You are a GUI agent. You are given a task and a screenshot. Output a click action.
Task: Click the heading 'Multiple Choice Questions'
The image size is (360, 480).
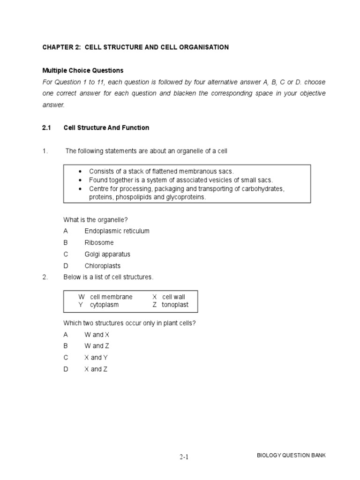pos(83,70)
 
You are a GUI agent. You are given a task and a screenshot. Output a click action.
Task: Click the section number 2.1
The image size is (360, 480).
pos(46,127)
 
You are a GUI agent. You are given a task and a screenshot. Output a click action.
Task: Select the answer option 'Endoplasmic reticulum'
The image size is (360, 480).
pos(117,231)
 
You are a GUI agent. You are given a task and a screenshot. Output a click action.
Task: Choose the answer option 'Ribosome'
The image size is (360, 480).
pos(99,243)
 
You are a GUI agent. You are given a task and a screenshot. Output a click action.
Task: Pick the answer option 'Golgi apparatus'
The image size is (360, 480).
pos(107,254)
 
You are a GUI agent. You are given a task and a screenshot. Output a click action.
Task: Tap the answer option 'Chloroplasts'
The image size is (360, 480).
pos(103,266)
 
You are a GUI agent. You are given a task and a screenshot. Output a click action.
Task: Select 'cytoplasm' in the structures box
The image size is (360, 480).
pos(104,305)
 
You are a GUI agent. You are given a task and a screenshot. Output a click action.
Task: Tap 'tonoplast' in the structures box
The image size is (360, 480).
pos(175,305)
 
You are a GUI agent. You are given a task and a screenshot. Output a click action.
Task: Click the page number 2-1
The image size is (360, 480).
pos(184,457)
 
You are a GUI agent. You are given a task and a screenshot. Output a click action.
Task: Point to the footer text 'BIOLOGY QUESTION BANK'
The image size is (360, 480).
pos(292,456)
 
